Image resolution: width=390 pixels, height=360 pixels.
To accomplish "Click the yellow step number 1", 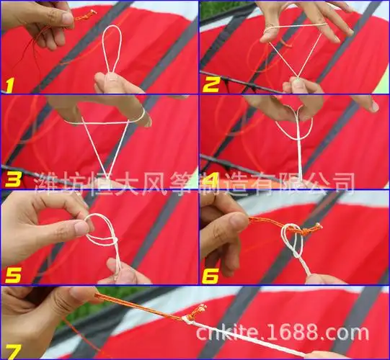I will click(x=9, y=86).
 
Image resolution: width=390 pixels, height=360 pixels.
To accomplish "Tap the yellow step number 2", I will click(x=210, y=86).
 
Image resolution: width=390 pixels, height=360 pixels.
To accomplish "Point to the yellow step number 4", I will click(x=210, y=177).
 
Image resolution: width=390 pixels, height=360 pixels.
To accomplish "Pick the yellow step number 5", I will click(x=11, y=273).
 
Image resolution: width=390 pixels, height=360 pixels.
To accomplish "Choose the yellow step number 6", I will click(x=210, y=273).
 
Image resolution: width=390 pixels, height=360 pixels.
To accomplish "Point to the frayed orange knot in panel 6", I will click(x=314, y=229).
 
